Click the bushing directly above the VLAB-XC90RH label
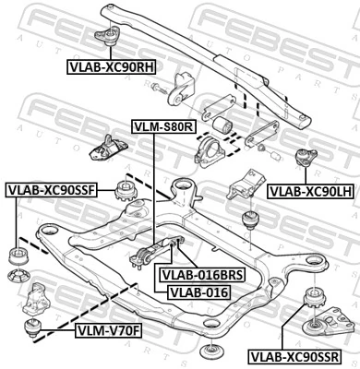point(114,34)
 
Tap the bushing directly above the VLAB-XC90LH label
point(303,160)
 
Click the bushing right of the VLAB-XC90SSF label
point(125,194)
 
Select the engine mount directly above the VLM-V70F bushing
point(36,297)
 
